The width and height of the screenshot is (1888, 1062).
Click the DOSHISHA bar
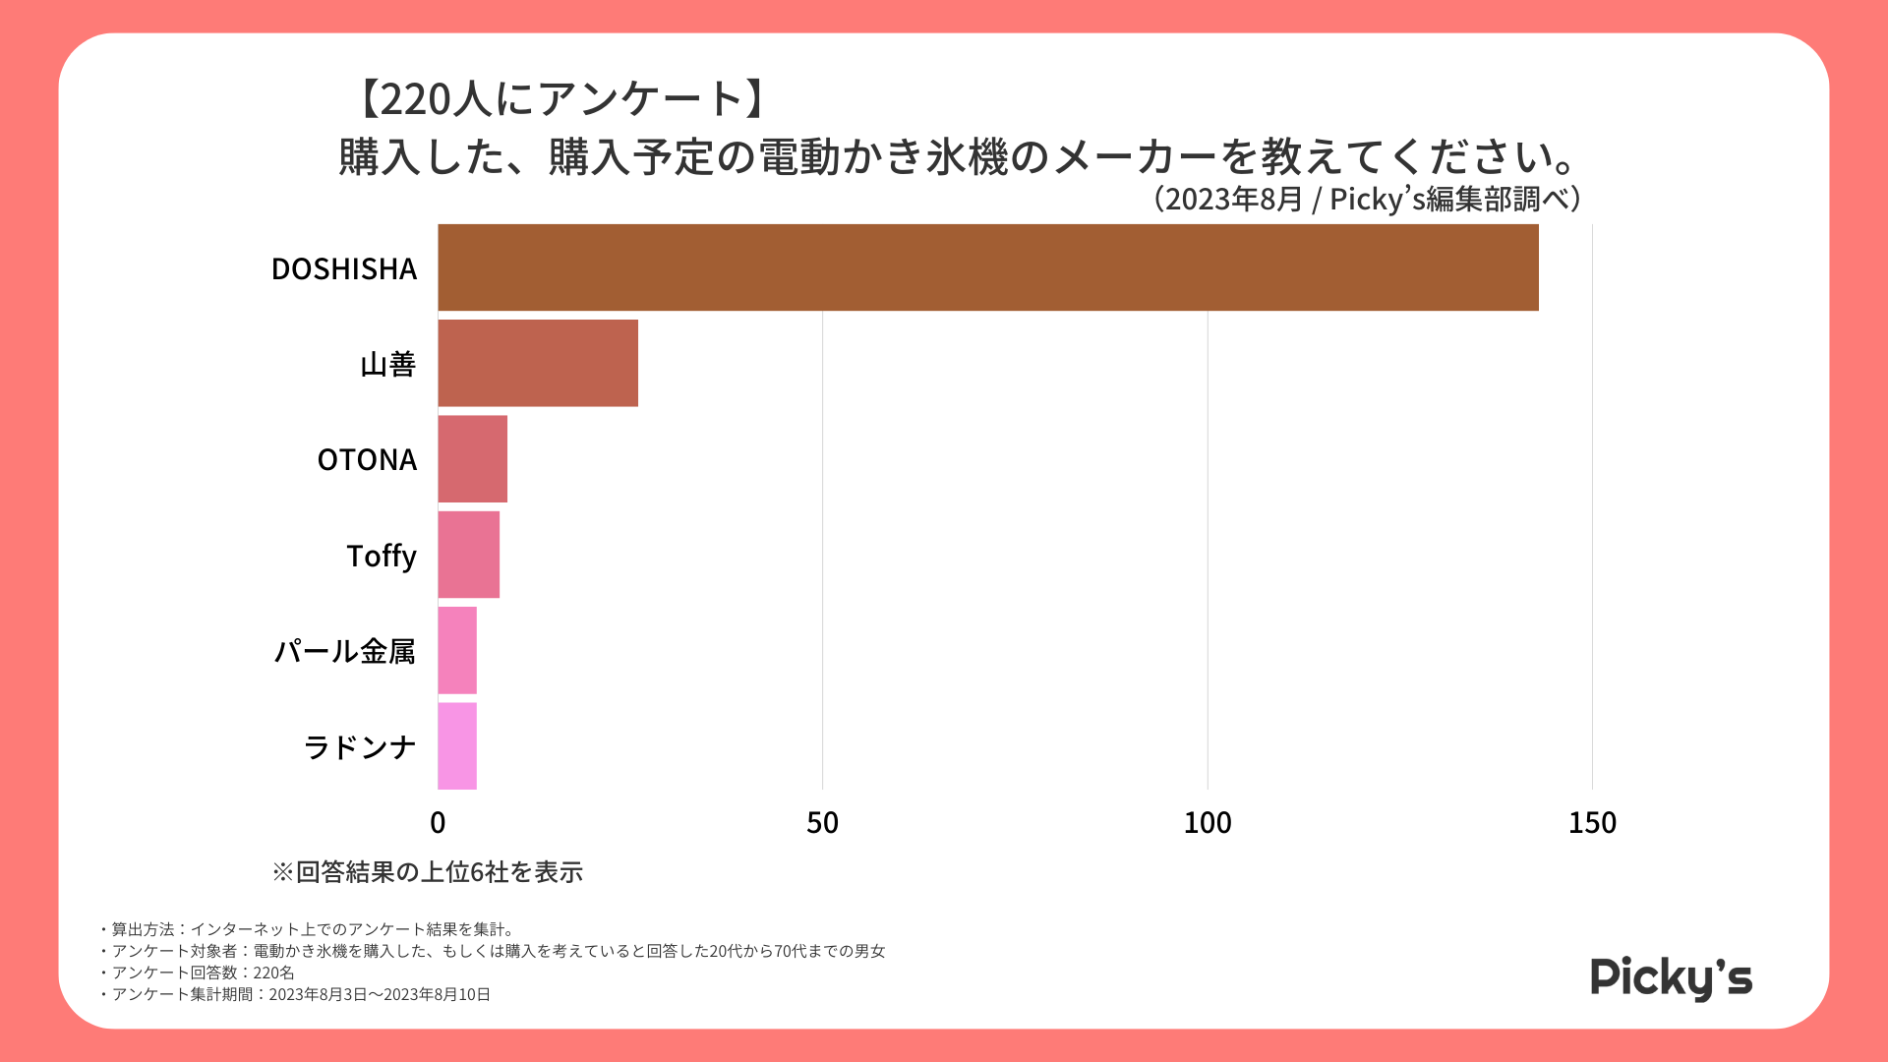(987, 267)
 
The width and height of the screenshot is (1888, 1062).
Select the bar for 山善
(538, 363)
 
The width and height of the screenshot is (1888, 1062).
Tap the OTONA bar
(472, 458)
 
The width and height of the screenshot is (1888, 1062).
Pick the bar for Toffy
(468, 555)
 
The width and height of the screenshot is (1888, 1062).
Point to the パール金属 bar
(457, 650)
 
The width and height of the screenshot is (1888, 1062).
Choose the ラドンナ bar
(457, 745)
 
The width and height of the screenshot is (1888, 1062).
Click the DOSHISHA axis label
(344, 268)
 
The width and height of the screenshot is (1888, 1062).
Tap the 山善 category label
(388, 364)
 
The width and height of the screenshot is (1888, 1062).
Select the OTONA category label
(367, 459)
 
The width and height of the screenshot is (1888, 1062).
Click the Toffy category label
(382, 556)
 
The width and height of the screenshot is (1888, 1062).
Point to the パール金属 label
(345, 651)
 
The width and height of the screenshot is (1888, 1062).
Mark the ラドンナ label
(360, 747)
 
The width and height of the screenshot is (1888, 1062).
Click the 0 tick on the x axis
(438, 823)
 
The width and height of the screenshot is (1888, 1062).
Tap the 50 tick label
(822, 823)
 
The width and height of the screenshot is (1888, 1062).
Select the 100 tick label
(1208, 823)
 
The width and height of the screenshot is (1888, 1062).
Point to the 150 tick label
(1592, 823)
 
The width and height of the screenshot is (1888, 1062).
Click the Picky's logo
(1671, 977)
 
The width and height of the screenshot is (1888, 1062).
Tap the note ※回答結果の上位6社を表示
(428, 872)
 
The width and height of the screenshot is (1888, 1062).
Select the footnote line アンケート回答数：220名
(203, 973)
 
